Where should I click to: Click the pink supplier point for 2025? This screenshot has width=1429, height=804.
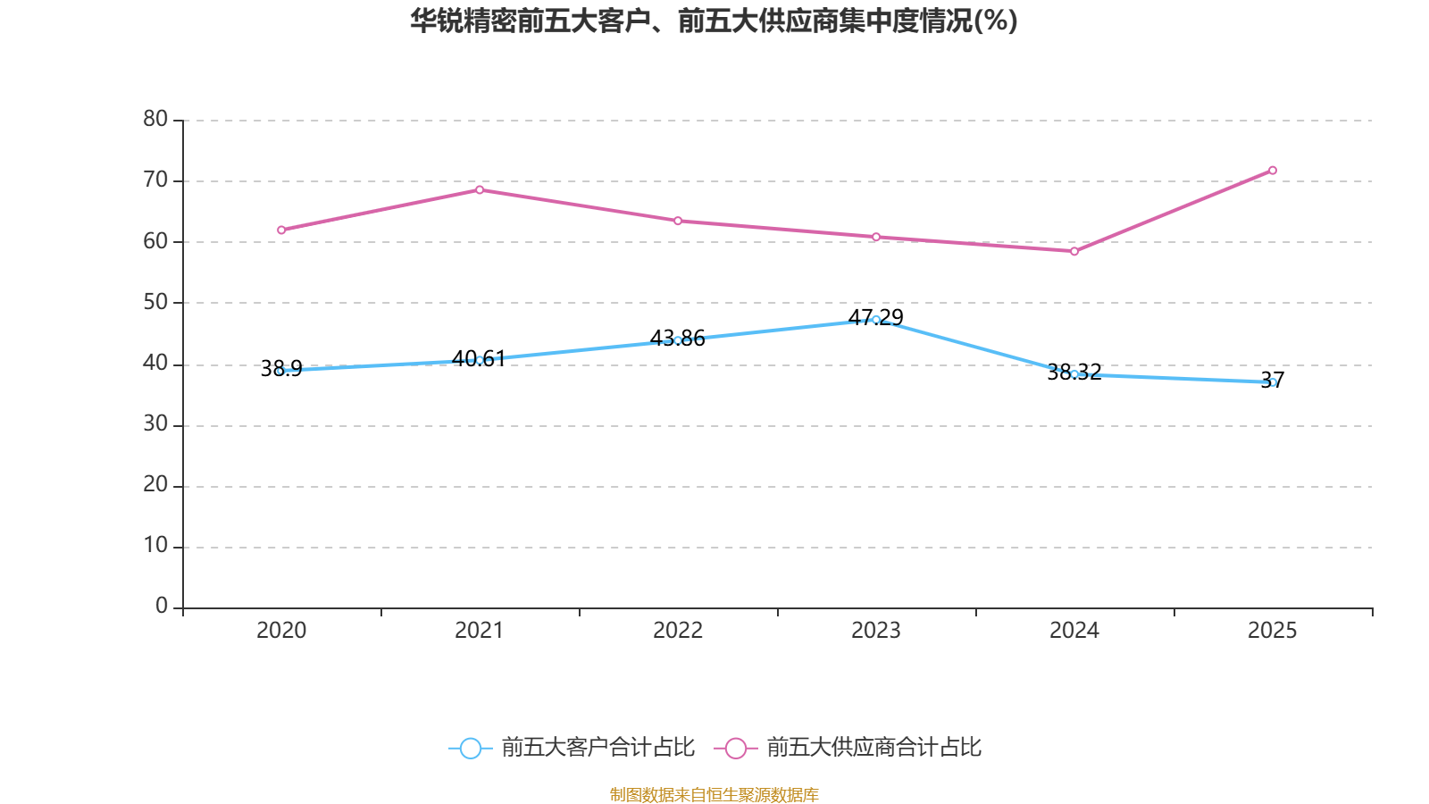[1273, 171]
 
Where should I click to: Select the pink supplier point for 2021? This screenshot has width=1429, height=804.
[480, 189]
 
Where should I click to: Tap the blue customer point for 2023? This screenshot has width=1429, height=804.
[876, 320]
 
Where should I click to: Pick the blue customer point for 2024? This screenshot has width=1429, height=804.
[1074, 374]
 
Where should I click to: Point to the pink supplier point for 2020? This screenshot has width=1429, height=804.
[281, 230]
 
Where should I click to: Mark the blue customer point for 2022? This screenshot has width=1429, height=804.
[678, 340]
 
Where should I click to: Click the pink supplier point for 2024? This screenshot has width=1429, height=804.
[1074, 252]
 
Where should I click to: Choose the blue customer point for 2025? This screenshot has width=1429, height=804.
[1273, 382]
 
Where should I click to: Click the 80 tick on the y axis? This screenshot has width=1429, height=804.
[155, 119]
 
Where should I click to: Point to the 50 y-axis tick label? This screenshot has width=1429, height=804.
[155, 302]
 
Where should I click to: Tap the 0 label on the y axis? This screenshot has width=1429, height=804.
[162, 607]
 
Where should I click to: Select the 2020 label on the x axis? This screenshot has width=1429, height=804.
[281, 631]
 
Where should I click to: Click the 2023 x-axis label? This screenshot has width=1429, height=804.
[876, 631]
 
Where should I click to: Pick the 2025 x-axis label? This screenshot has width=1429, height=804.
[1273, 631]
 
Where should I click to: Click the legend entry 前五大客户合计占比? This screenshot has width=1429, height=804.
[598, 748]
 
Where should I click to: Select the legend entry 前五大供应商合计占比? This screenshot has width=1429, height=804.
[873, 748]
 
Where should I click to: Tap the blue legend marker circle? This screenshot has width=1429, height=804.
[471, 749]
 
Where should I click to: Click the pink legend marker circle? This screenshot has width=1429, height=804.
[736, 749]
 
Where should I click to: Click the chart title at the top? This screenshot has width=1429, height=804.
[714, 21]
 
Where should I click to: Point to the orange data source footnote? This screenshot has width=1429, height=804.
[714, 794]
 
